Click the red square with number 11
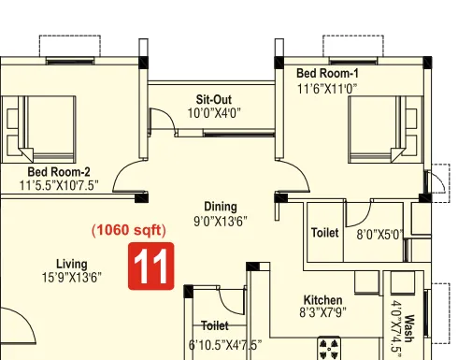[x=152, y=266]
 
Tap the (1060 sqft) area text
[x=128, y=230]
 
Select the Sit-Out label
[x=213, y=99]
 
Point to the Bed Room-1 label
[x=327, y=73]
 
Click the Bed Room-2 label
[x=59, y=172]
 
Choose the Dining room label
[x=221, y=207]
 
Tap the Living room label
[x=72, y=264]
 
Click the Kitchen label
[x=322, y=300]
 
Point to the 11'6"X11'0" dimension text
[x=327, y=88]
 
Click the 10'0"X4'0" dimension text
[x=213, y=113]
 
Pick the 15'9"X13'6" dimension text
[x=72, y=278]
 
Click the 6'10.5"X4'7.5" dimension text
[x=220, y=344]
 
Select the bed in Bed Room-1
[x=383, y=131]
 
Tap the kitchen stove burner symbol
[x=329, y=350]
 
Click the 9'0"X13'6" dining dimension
[x=221, y=222]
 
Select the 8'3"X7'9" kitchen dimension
[x=322, y=314]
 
